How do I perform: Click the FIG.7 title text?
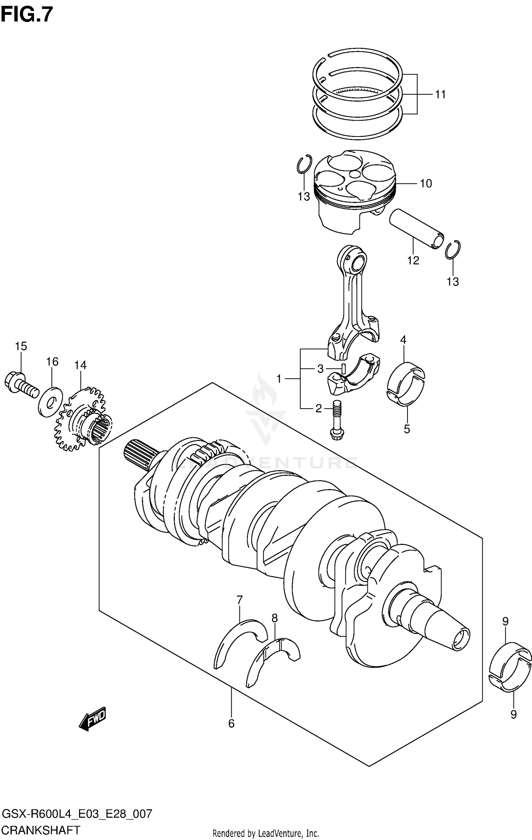pyautogui.click(x=27, y=15)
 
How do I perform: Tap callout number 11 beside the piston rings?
pyautogui.click(x=440, y=95)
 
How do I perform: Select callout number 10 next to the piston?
pyautogui.click(x=426, y=184)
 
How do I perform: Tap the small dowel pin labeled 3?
pyautogui.click(x=343, y=368)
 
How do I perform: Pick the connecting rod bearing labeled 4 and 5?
pyautogui.click(x=405, y=384)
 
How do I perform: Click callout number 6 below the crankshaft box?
pyautogui.click(x=231, y=723)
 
